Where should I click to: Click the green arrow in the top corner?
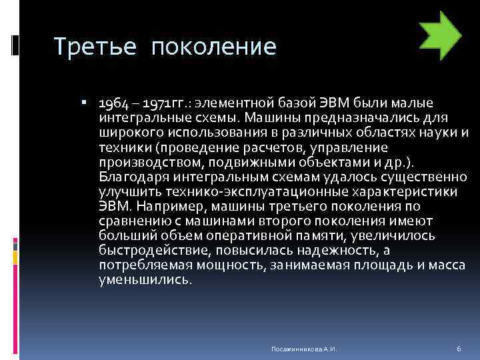pos(441,36)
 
